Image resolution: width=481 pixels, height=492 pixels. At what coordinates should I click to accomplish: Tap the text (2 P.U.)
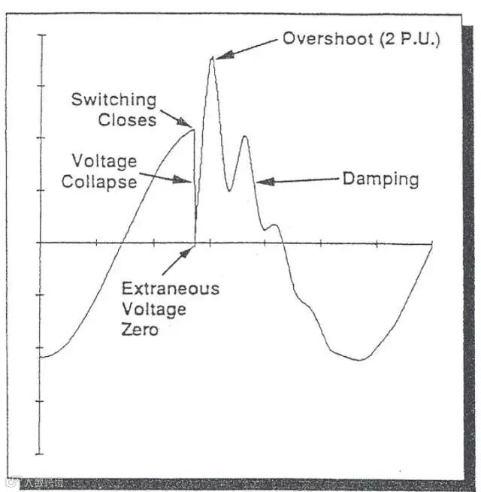click(407, 39)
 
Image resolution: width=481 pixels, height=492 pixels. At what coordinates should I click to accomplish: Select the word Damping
click(380, 180)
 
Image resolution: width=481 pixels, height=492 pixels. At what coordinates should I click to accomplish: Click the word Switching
click(114, 100)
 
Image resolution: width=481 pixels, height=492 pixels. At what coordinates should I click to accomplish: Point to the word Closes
click(127, 119)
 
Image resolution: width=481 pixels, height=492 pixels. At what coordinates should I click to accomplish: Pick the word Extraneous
click(171, 288)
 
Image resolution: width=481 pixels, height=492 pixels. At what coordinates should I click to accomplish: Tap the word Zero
click(140, 329)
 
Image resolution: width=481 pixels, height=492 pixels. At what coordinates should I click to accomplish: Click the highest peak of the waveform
click(212, 58)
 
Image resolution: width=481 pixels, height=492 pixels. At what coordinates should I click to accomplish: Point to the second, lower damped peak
click(244, 137)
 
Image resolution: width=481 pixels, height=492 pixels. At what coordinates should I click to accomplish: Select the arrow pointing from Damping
click(298, 180)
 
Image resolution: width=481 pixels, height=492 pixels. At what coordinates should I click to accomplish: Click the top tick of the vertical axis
click(41, 35)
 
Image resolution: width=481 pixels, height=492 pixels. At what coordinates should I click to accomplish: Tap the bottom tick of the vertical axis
click(41, 454)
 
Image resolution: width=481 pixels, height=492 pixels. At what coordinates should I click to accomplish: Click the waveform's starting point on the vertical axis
click(41, 358)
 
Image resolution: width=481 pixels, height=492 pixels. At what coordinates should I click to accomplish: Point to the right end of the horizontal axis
click(433, 243)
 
